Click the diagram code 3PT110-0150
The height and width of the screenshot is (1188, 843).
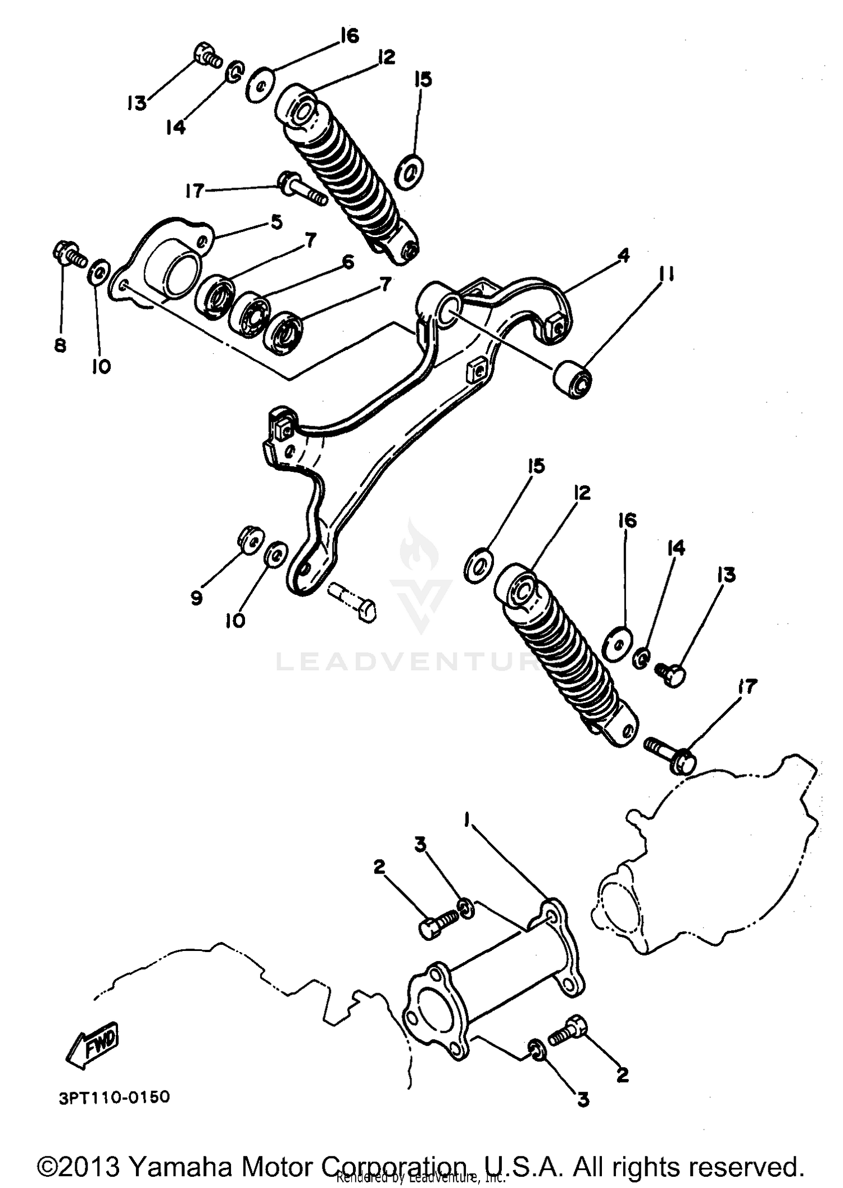pyautogui.click(x=114, y=1096)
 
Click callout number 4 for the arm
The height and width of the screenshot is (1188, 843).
pyautogui.click(x=623, y=256)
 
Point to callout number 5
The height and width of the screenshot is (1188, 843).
pyautogui.click(x=276, y=222)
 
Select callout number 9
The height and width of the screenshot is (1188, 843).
pyautogui.click(x=196, y=598)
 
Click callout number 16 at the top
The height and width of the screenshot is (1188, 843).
pyautogui.click(x=349, y=37)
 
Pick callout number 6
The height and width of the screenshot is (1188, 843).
pyautogui.click(x=348, y=262)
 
